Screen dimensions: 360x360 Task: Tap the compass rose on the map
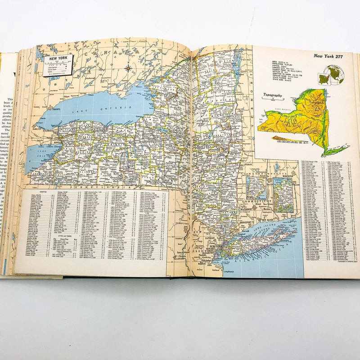pos(128,68)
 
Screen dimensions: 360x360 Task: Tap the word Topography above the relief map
pos(273,95)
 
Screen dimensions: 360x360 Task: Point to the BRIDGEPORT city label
pos(246,222)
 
